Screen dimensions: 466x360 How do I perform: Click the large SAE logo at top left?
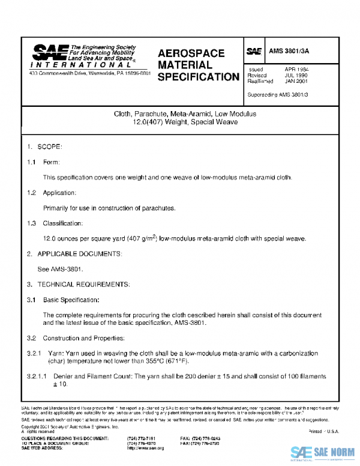pyautogui.click(x=50, y=52)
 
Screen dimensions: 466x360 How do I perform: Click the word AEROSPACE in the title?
pyautogui.click(x=191, y=53)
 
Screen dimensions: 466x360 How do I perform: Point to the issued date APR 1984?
pyautogui.click(x=296, y=70)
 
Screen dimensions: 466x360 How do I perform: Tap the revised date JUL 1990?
pyautogui.click(x=296, y=76)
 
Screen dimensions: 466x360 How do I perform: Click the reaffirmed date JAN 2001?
pyautogui.click(x=296, y=82)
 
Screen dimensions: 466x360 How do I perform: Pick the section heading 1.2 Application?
pyautogui.click(x=51, y=193)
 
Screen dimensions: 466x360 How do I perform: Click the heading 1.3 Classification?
pyautogui.click(x=54, y=223)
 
